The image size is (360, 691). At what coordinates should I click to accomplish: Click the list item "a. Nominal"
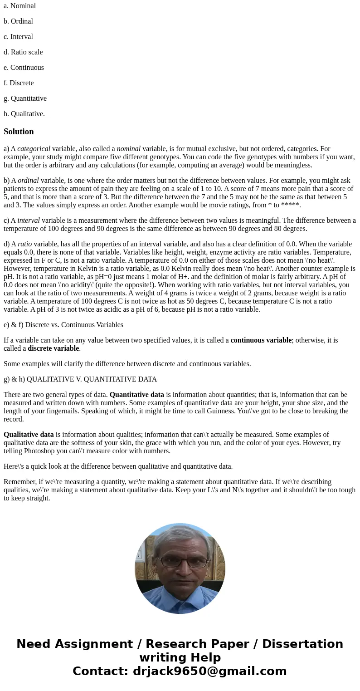pyautogui.click(x=19, y=6)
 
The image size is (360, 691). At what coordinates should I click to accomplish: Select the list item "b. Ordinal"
pyautogui.click(x=18, y=21)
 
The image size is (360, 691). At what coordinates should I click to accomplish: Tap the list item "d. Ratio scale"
pyautogui.click(x=23, y=52)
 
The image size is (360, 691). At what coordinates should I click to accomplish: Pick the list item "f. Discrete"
pyautogui.click(x=19, y=83)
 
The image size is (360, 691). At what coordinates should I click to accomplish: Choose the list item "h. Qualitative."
pyautogui.click(x=24, y=114)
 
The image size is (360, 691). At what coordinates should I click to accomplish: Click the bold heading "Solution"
pyautogui.click(x=19, y=132)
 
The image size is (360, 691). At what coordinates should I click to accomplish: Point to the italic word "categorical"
pyautogui.click(x=34, y=149)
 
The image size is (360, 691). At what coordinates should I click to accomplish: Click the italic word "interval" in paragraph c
pyautogui.click(x=29, y=221)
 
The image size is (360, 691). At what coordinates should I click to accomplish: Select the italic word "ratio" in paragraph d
pyautogui.click(x=24, y=244)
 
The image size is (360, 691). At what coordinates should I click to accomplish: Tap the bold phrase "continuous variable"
pyautogui.click(x=261, y=340)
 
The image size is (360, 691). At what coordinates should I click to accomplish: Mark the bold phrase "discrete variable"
pyautogui.click(x=54, y=348)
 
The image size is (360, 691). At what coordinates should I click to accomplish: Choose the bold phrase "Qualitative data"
pyautogui.click(x=29, y=435)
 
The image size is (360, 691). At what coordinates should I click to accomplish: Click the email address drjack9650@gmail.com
pyautogui.click(x=209, y=671)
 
